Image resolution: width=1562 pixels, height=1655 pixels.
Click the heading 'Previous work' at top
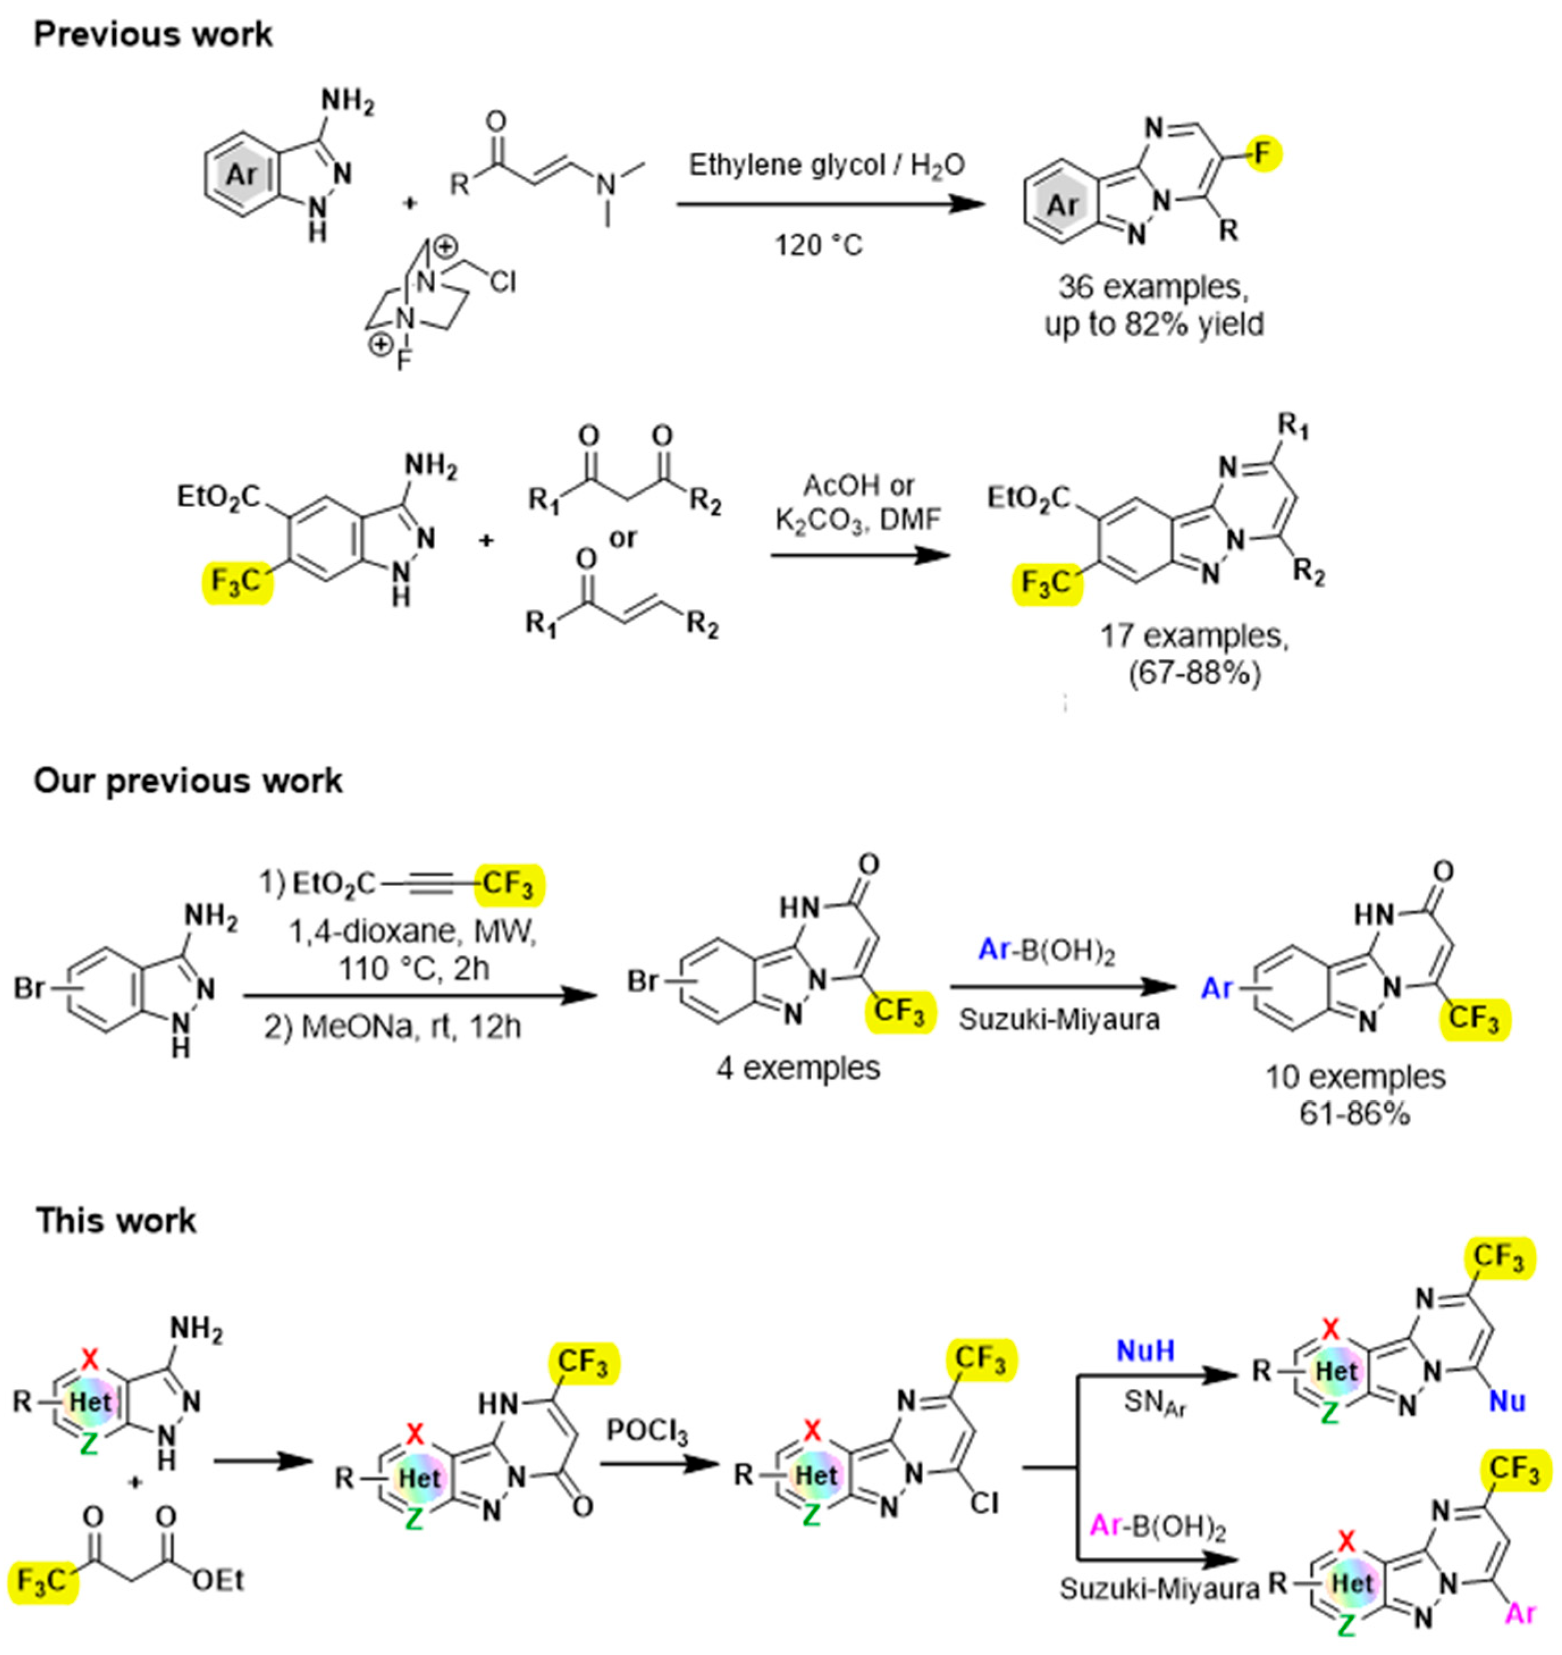click(x=153, y=35)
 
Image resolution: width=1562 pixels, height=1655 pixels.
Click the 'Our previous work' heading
click(x=188, y=781)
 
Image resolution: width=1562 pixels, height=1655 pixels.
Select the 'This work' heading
click(x=116, y=1220)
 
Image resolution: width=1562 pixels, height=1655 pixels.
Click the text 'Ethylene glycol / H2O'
click(x=826, y=165)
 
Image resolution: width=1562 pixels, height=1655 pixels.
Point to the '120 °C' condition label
click(x=819, y=245)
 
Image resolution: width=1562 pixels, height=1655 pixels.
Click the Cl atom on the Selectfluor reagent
click(x=502, y=283)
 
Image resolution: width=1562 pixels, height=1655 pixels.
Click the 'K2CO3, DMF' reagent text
click(x=858, y=520)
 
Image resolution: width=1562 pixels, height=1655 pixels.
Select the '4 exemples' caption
click(x=798, y=1068)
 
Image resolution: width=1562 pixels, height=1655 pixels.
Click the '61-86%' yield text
click(x=1355, y=1113)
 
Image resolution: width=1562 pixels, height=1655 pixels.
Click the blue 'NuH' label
click(x=1145, y=1351)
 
